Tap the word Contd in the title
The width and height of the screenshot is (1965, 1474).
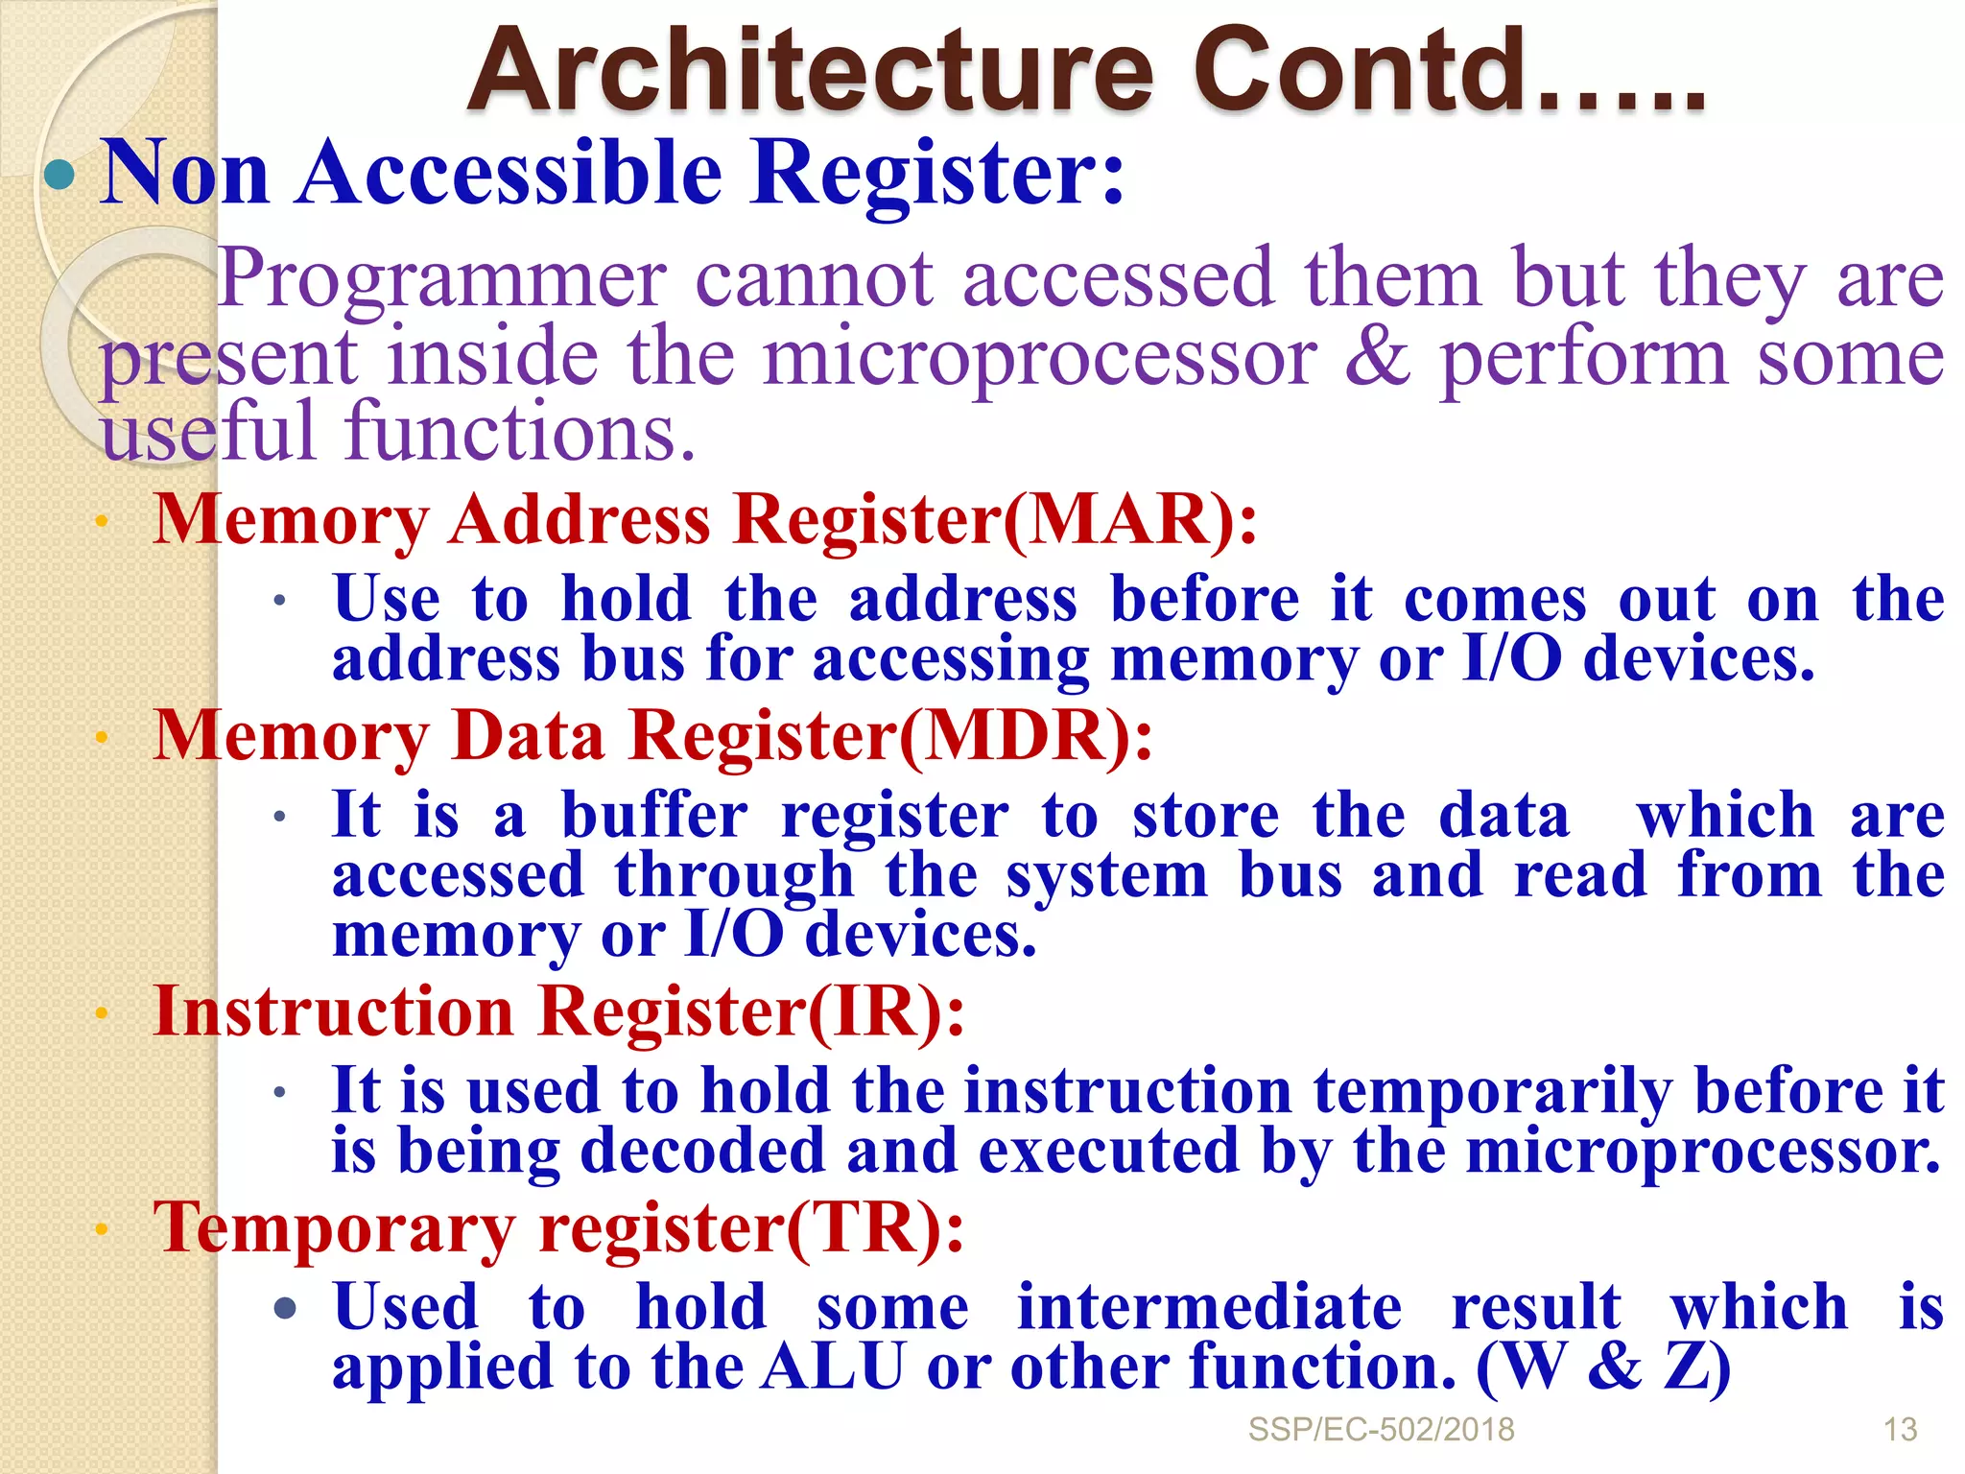click(1362, 72)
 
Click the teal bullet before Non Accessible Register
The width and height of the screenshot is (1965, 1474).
click(59, 175)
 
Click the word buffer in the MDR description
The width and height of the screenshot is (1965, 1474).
click(654, 817)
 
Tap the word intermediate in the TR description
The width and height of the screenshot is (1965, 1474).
click(1209, 1308)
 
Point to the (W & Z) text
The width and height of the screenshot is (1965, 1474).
click(1603, 1367)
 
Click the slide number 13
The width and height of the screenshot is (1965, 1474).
click(1900, 1430)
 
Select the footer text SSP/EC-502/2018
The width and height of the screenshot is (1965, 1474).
click(1381, 1430)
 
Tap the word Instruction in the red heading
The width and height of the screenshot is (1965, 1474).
click(334, 1011)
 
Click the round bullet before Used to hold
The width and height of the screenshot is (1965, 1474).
click(285, 1308)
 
